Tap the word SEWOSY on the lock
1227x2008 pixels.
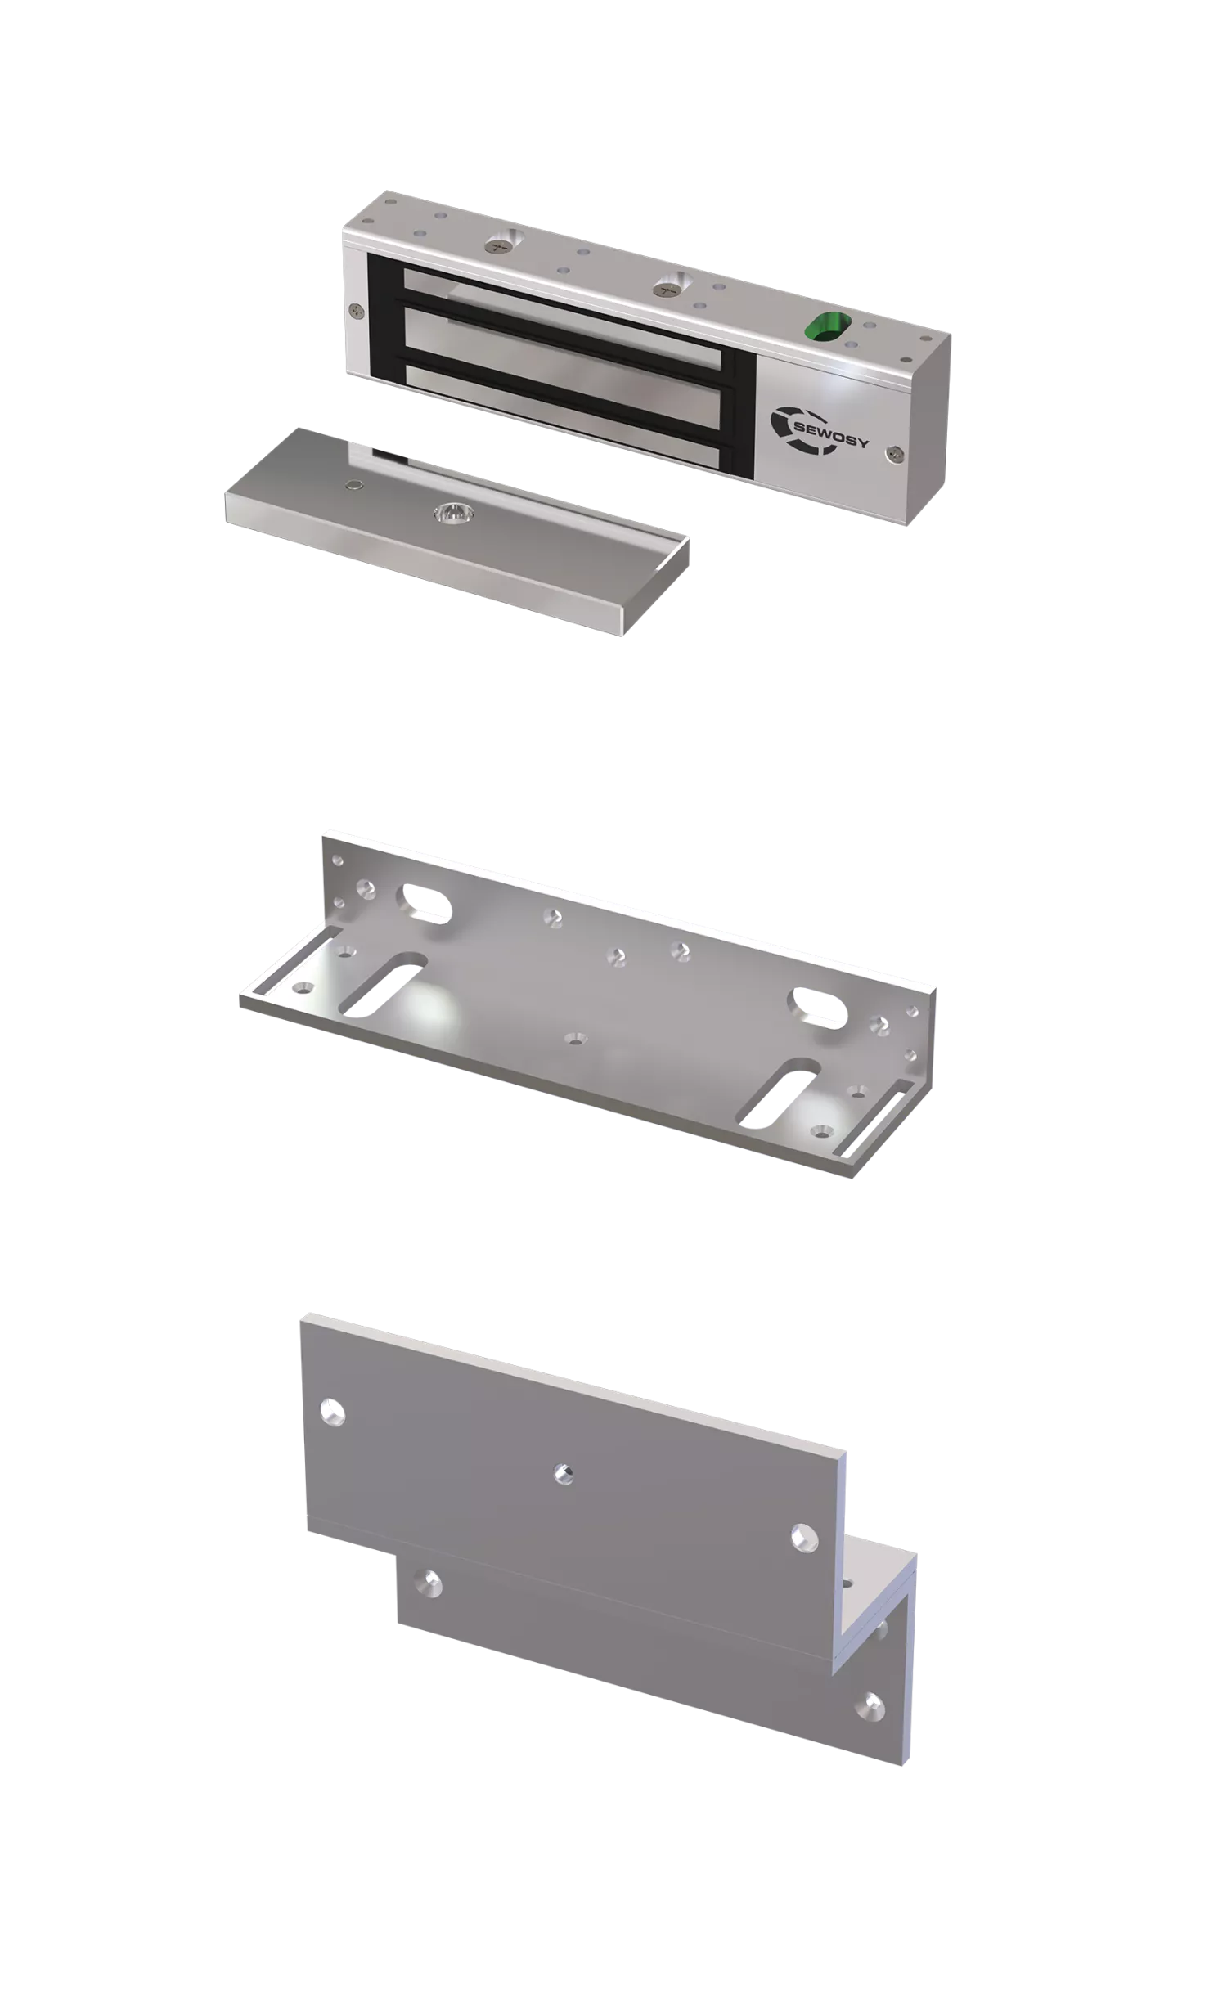point(831,436)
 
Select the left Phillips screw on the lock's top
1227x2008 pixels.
point(497,242)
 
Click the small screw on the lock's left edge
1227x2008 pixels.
point(355,311)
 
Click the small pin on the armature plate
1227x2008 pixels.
point(353,484)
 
